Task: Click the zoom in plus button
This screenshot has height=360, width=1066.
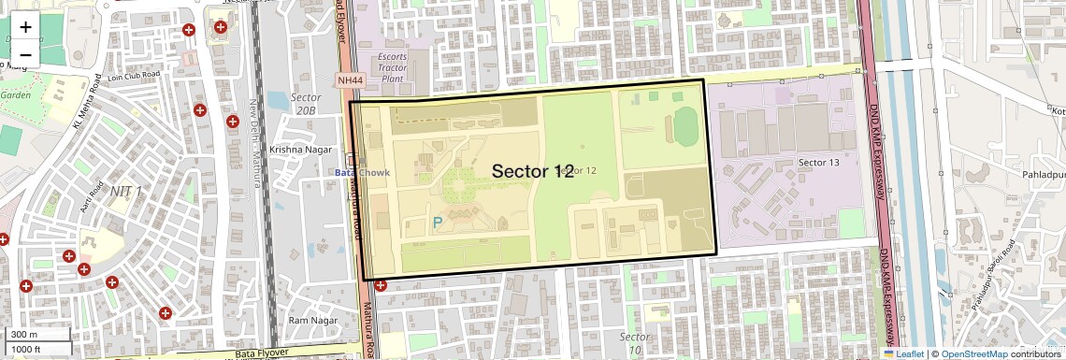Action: coord(25,26)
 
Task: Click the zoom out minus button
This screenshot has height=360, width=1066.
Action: coord(25,54)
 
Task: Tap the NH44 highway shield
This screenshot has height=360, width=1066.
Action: coord(350,80)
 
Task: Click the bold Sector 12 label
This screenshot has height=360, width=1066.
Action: coord(532,171)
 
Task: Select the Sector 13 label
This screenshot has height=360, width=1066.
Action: coord(819,163)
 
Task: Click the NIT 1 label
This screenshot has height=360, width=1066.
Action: coord(126,192)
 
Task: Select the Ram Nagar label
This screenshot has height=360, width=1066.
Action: coord(312,321)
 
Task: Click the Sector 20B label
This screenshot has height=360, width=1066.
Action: coord(306,104)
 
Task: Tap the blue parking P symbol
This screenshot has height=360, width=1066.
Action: coord(437,223)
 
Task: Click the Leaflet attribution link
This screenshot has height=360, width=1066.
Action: coord(903,353)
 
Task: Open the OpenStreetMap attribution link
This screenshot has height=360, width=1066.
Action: coord(973,353)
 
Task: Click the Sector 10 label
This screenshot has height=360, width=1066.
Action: coord(635,342)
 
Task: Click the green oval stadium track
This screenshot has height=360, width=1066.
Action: coord(685,126)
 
